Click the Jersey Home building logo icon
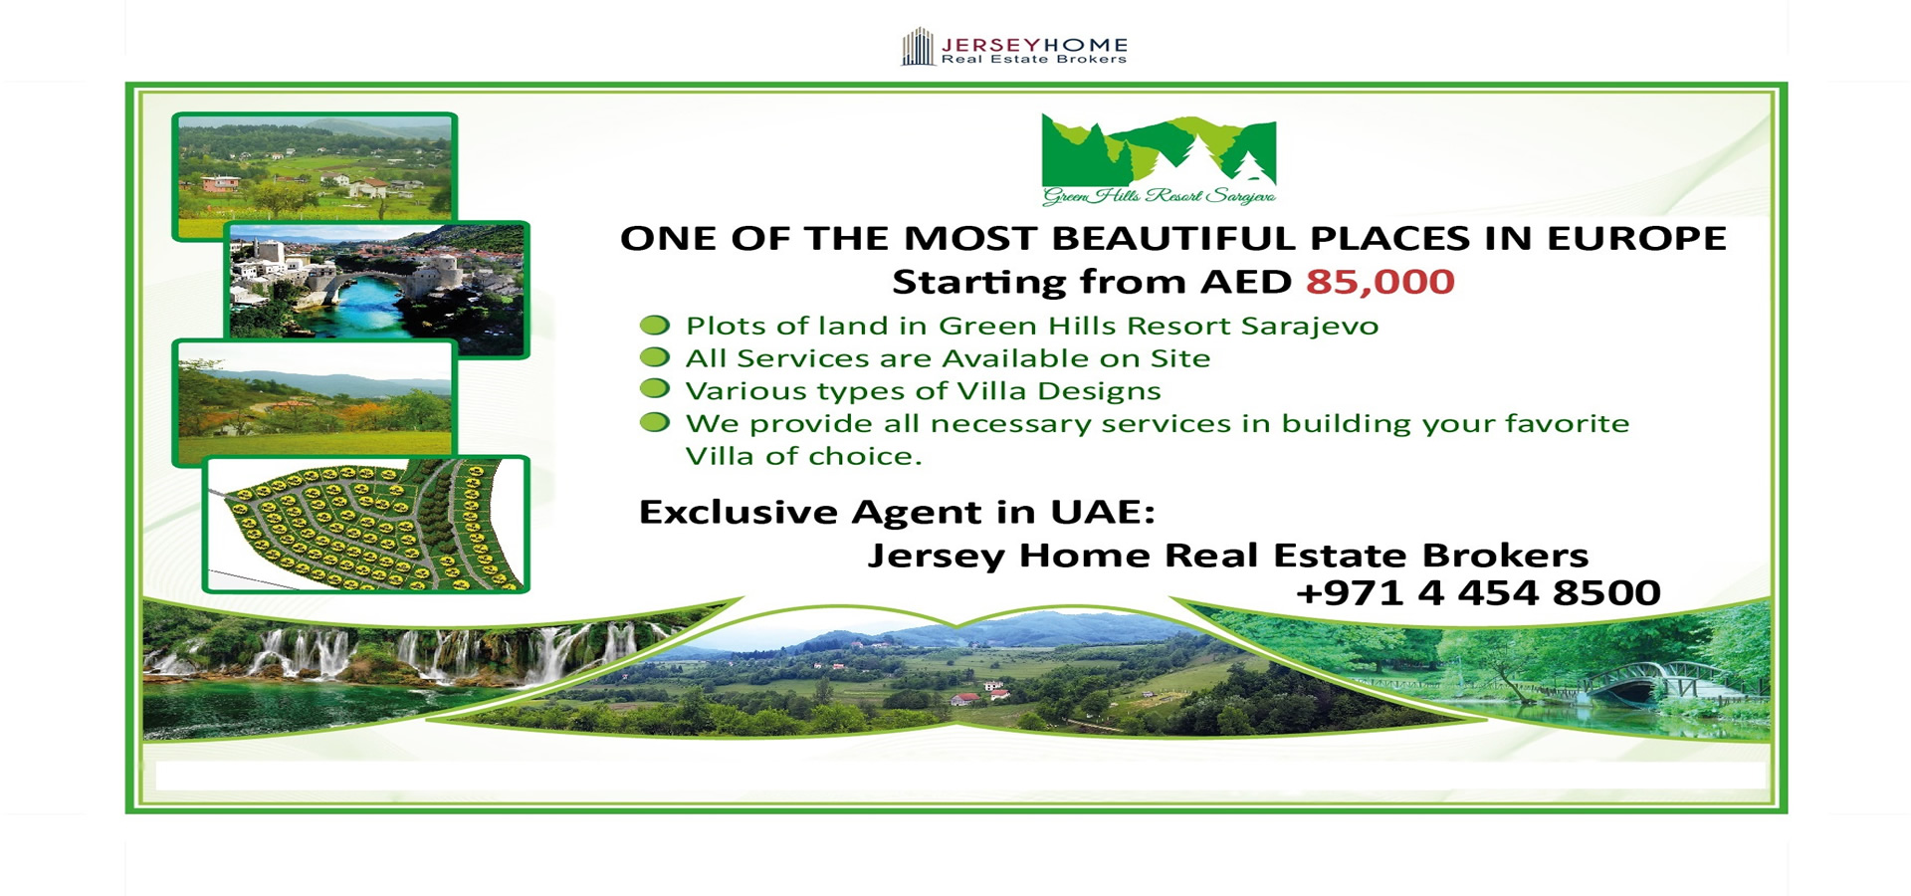coord(918,47)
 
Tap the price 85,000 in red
coord(1380,283)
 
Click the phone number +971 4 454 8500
coord(1478,593)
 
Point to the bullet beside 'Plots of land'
coord(654,325)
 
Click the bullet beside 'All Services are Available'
coord(654,356)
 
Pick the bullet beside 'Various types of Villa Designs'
coord(654,388)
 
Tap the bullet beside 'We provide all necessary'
coord(654,421)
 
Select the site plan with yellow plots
coord(366,525)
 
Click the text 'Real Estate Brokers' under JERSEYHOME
coord(1034,60)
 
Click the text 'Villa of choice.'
coord(804,456)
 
